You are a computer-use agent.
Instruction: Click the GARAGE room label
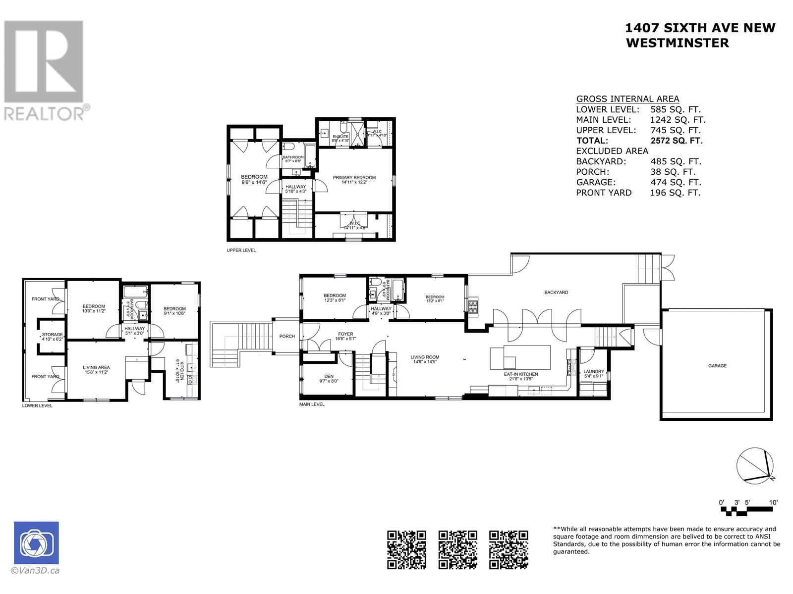tap(717, 366)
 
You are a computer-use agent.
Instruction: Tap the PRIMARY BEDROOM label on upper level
tap(354, 178)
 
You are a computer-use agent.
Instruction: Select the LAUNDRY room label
tap(593, 371)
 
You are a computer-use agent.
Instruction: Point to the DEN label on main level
tap(329, 376)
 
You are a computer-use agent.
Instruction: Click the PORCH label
tap(287, 336)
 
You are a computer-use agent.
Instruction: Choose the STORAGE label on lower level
tap(52, 335)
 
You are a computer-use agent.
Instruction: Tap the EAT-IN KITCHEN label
tap(520, 374)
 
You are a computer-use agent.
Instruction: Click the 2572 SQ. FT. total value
tap(676, 141)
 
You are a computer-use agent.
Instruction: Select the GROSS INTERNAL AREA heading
tap(627, 99)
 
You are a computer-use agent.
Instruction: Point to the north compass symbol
tap(755, 465)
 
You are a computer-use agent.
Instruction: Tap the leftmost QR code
tap(406, 549)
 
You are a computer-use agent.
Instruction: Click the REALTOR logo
tap(45, 69)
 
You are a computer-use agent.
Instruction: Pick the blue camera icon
tap(36, 543)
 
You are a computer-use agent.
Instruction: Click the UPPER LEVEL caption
tap(241, 250)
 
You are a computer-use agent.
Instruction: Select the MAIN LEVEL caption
tap(312, 404)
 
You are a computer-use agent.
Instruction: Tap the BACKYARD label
tap(556, 293)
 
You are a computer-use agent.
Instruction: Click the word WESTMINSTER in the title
tap(678, 43)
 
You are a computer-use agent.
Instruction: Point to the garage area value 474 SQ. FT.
tap(675, 182)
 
